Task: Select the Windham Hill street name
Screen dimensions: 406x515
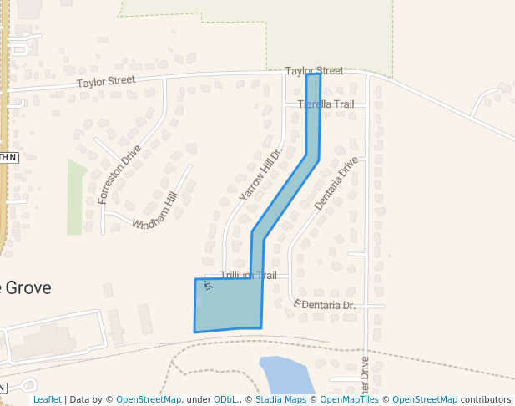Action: coord(155,211)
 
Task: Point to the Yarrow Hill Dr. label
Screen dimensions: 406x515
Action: coord(261,171)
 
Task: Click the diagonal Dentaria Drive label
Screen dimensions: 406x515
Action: coord(336,183)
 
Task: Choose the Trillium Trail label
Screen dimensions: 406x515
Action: coord(248,275)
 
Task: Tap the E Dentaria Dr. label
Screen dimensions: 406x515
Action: coord(325,306)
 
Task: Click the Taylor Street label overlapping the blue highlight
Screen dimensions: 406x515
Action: coord(314,71)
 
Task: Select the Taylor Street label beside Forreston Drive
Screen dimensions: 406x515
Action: coord(106,81)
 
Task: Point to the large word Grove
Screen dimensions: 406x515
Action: coord(27,288)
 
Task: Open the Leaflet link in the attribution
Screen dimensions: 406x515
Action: coord(48,399)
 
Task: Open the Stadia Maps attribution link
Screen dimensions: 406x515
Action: coord(280,399)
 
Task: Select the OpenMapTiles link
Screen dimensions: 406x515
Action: coord(349,399)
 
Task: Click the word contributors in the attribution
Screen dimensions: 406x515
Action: coord(486,399)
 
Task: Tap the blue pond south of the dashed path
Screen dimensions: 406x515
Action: coord(285,378)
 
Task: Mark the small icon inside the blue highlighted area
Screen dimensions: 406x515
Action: coord(208,287)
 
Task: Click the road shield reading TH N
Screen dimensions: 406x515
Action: coord(8,156)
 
